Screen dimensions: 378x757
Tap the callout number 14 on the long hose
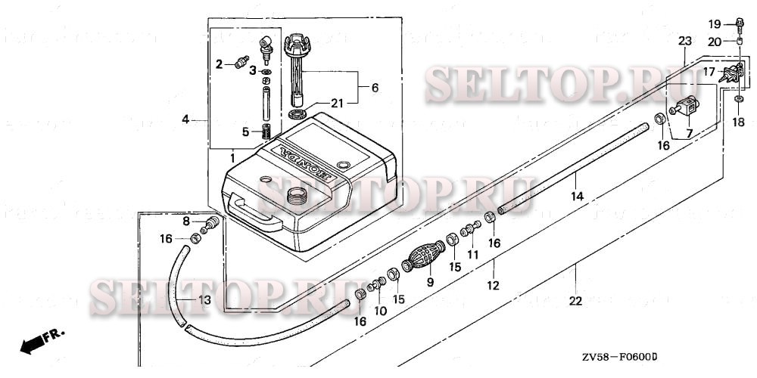click(577, 197)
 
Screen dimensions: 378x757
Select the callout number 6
click(375, 88)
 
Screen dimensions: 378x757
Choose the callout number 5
click(245, 132)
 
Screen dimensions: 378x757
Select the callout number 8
click(186, 221)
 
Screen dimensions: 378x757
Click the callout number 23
click(684, 40)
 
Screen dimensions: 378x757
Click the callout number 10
click(380, 311)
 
